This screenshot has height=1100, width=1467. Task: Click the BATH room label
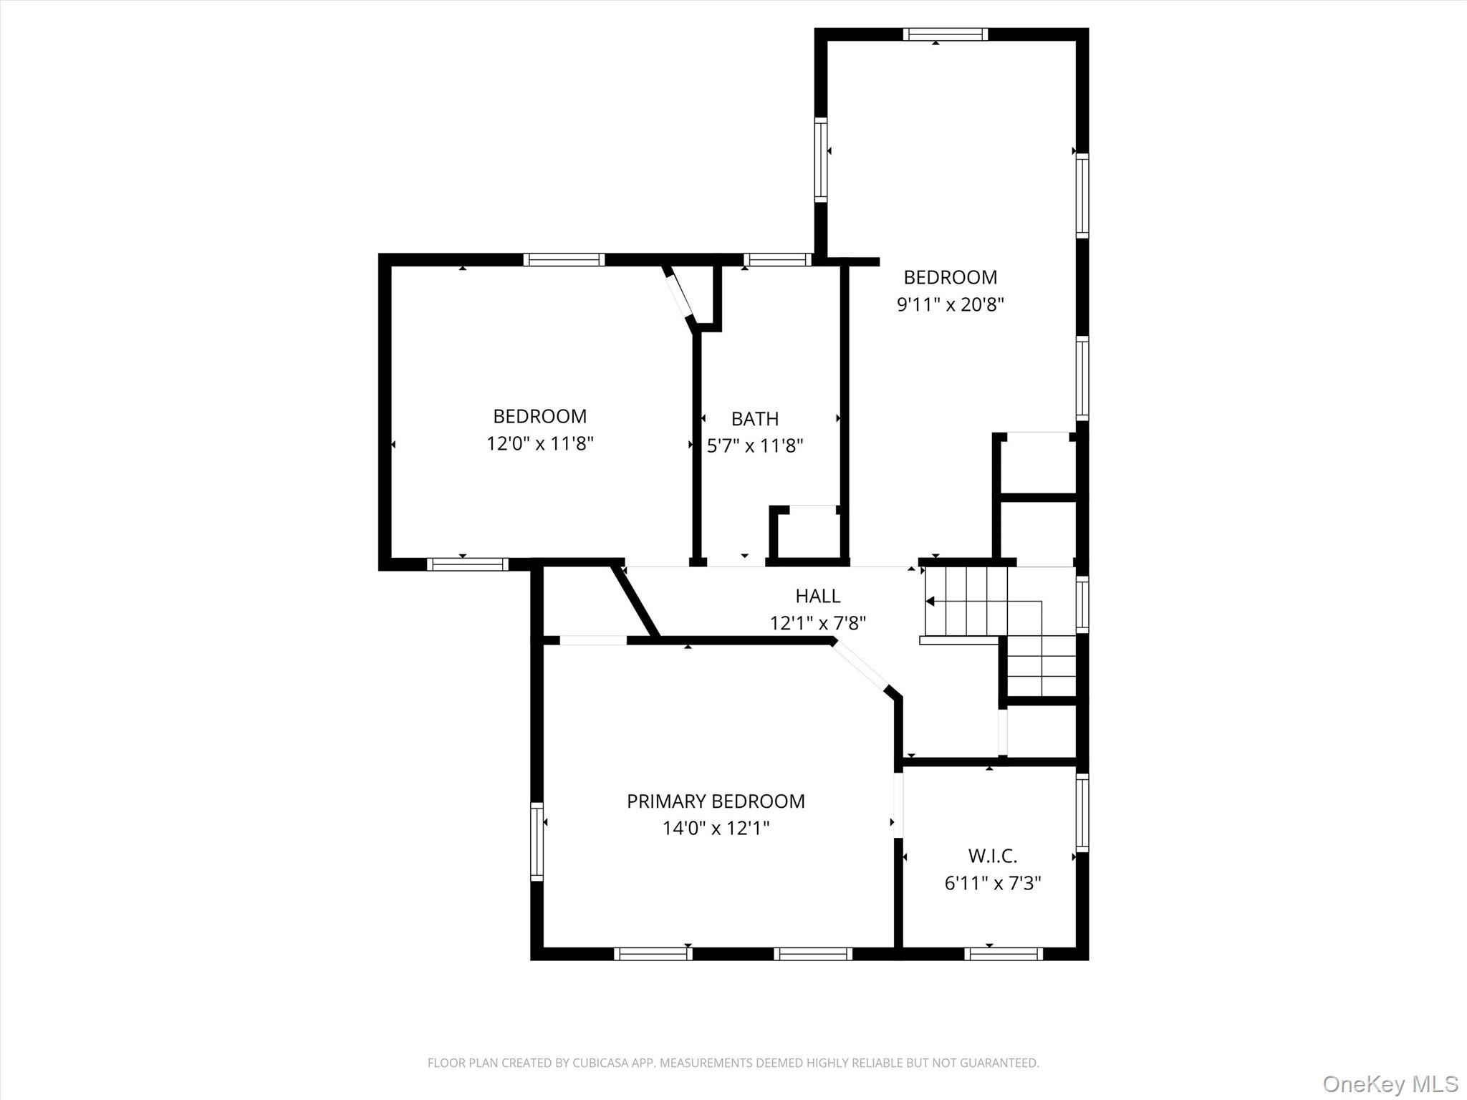[x=754, y=419]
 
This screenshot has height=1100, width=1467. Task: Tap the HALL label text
[x=817, y=596]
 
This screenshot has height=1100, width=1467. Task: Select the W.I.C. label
[x=992, y=856]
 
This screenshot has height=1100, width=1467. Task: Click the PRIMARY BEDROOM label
[x=716, y=801]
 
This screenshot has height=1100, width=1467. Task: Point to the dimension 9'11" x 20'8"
[x=950, y=304]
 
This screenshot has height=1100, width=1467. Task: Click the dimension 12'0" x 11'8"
[x=540, y=444]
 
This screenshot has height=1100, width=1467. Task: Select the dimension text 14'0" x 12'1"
[x=716, y=829]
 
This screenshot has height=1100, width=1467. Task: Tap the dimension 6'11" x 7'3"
[x=992, y=883]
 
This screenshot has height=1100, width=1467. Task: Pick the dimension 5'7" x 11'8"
[x=755, y=446]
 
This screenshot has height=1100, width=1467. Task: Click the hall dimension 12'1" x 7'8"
[x=817, y=623]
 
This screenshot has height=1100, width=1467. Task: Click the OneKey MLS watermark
[x=1390, y=1084]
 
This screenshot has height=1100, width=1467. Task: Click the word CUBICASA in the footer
[x=600, y=1063]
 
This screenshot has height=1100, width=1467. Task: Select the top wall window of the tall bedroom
[x=945, y=34]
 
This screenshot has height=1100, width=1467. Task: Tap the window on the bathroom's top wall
[x=777, y=260]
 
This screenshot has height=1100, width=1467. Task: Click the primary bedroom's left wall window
[x=537, y=841]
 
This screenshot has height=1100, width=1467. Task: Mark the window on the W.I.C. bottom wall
[x=1003, y=953]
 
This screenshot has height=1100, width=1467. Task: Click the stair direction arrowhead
[x=930, y=602]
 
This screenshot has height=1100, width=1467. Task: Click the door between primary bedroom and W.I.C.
[x=898, y=804]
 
